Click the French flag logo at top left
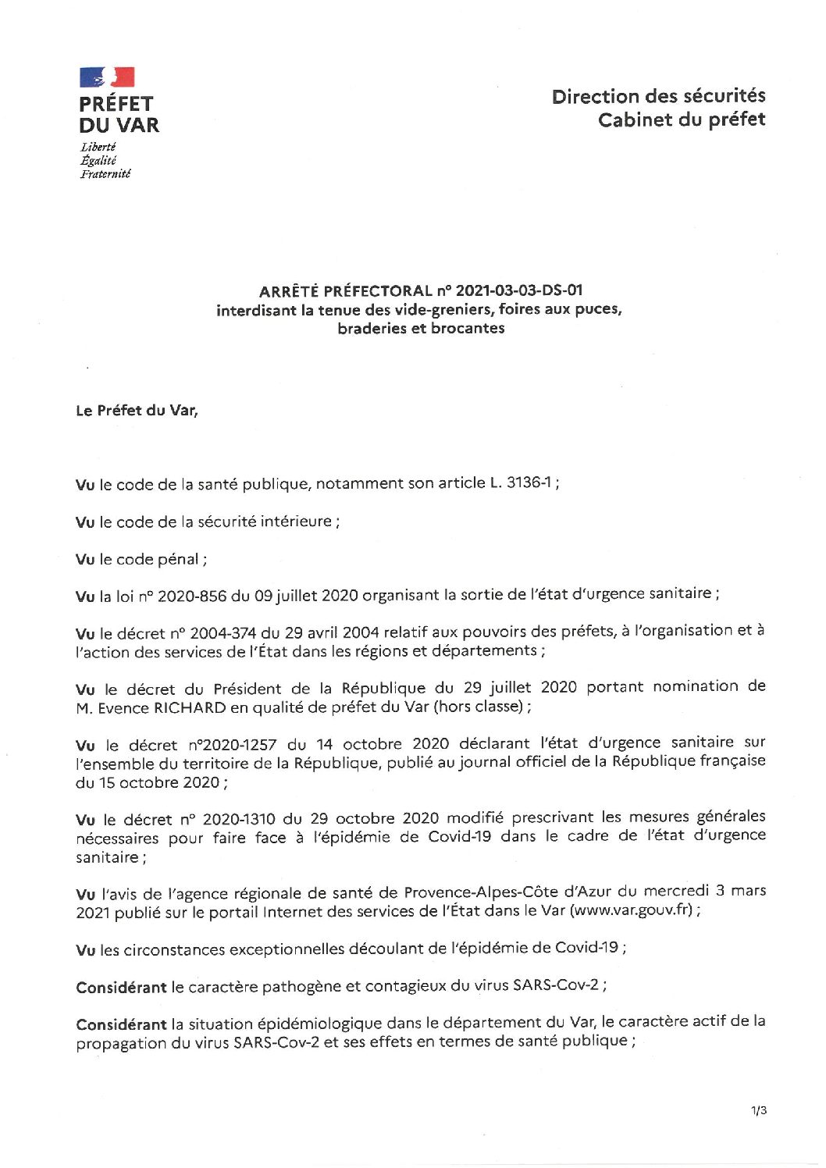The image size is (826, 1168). click(x=107, y=77)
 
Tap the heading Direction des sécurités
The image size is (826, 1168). click(x=658, y=96)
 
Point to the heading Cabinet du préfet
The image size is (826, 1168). click(x=682, y=119)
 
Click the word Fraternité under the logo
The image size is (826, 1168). click(x=105, y=173)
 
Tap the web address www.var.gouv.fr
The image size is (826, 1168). click(x=631, y=910)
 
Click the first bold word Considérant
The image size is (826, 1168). click(x=121, y=987)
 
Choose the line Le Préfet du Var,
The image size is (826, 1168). click(x=137, y=411)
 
